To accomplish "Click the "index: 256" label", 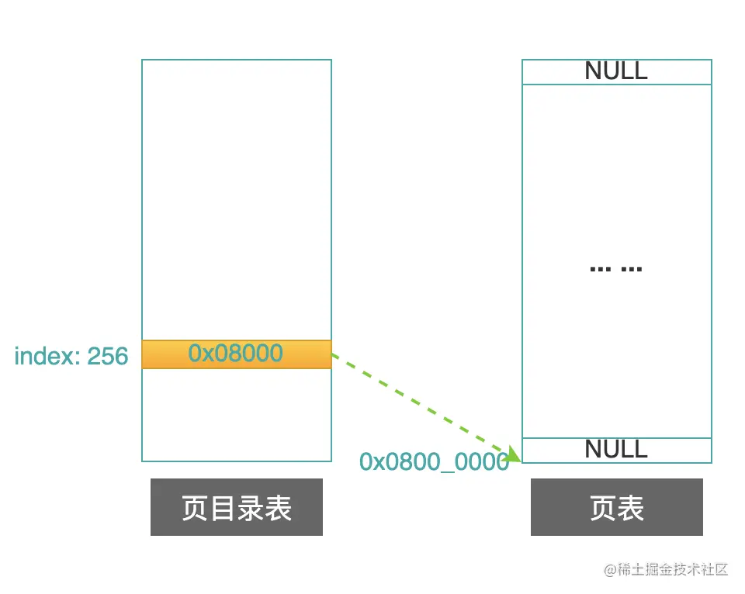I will [x=71, y=356].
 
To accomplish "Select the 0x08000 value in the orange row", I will [x=236, y=354].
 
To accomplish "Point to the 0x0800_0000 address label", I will [x=434, y=461].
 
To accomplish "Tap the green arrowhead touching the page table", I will [x=513, y=454].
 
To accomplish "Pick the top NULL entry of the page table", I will [x=616, y=71].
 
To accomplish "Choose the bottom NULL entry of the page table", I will [x=616, y=449].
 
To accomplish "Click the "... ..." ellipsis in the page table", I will [x=616, y=268].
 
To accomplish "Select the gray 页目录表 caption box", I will [x=236, y=507].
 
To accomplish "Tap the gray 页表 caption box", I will [x=616, y=507].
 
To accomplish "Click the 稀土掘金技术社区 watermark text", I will [x=672, y=569].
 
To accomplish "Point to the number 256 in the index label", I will [x=107, y=356].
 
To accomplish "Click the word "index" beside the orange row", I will [x=45, y=356].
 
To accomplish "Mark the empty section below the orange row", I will [x=236, y=414].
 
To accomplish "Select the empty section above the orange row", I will [x=236, y=199].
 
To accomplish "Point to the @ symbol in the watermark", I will [x=609, y=569].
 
